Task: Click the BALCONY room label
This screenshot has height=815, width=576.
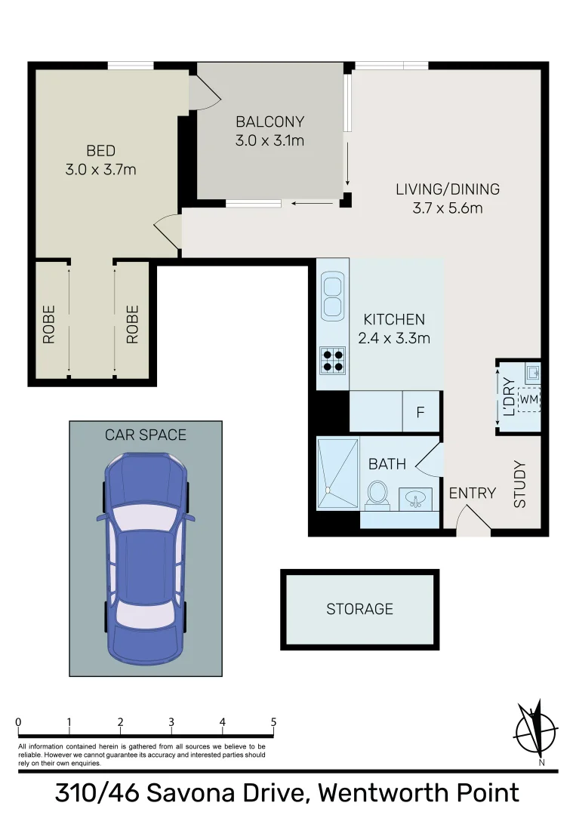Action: (270, 121)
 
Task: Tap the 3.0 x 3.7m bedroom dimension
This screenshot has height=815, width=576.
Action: (100, 170)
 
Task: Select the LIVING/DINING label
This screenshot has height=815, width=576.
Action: (447, 189)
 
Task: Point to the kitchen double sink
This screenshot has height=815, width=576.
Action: (332, 297)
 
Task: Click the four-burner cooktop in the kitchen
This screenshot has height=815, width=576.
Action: (332, 360)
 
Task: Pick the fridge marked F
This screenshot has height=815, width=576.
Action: (420, 413)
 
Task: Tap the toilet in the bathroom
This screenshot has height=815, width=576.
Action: (377, 495)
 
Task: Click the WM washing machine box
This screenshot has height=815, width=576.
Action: (529, 398)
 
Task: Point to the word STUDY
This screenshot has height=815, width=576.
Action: (520, 484)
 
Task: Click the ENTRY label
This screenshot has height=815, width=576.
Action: (472, 494)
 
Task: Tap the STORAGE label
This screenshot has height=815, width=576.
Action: (359, 609)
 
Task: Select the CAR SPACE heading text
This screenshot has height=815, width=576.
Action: (146, 435)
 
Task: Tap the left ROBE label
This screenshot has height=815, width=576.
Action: (49, 324)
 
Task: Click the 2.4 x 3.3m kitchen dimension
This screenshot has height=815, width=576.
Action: (393, 338)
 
